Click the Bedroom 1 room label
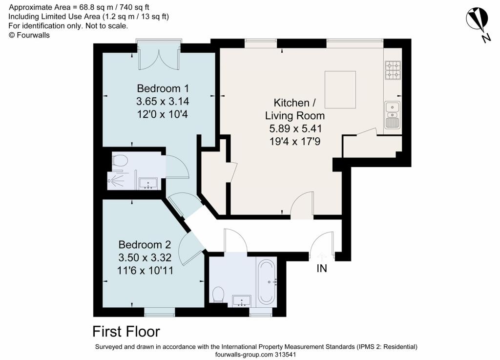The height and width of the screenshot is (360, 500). [x=163, y=89]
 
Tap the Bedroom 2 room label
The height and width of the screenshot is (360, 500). [x=145, y=245]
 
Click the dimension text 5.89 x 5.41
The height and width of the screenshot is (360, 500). [x=295, y=129]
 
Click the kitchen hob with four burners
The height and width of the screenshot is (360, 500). [x=393, y=70]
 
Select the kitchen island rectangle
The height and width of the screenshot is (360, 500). [x=340, y=89]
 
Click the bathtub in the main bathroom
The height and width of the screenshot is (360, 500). [x=266, y=282]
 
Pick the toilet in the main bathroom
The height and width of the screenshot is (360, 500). [x=218, y=294]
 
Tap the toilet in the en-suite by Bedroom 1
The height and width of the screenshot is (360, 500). [x=120, y=161]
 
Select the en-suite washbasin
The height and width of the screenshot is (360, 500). [x=148, y=184]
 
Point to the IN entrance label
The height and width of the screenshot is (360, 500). [x=322, y=269]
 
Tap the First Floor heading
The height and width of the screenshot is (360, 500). [x=126, y=332]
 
